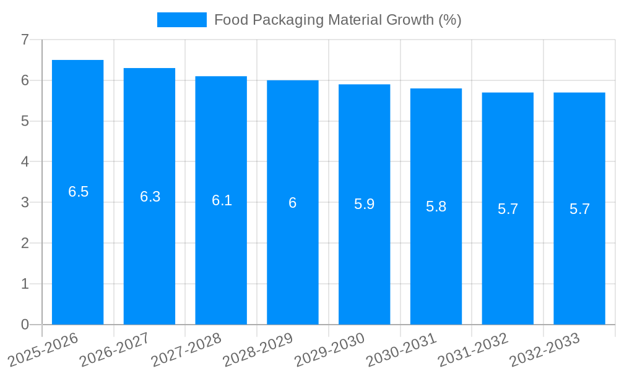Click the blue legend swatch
point(181,20)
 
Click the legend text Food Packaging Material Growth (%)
point(337,20)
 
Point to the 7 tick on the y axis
point(25,40)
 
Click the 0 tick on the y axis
point(25,325)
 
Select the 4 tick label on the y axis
point(25,162)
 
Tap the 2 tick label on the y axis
point(25,243)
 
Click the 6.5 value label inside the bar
point(78,192)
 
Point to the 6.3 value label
point(150,197)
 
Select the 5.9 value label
point(364,204)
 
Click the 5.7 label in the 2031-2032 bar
point(508,209)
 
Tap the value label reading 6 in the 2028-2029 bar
point(293,203)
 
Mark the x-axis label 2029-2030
point(329,348)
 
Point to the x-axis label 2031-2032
point(473,348)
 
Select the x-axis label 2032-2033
point(545,348)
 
